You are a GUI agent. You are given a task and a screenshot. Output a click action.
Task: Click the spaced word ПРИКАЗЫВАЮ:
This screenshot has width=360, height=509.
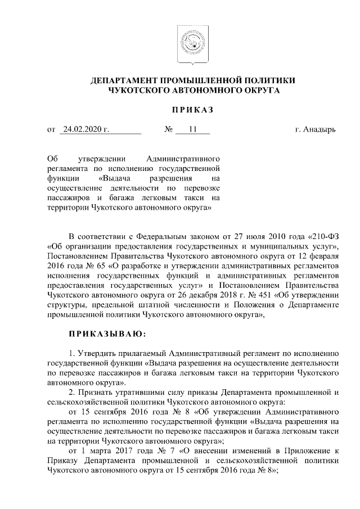(x=107, y=334)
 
